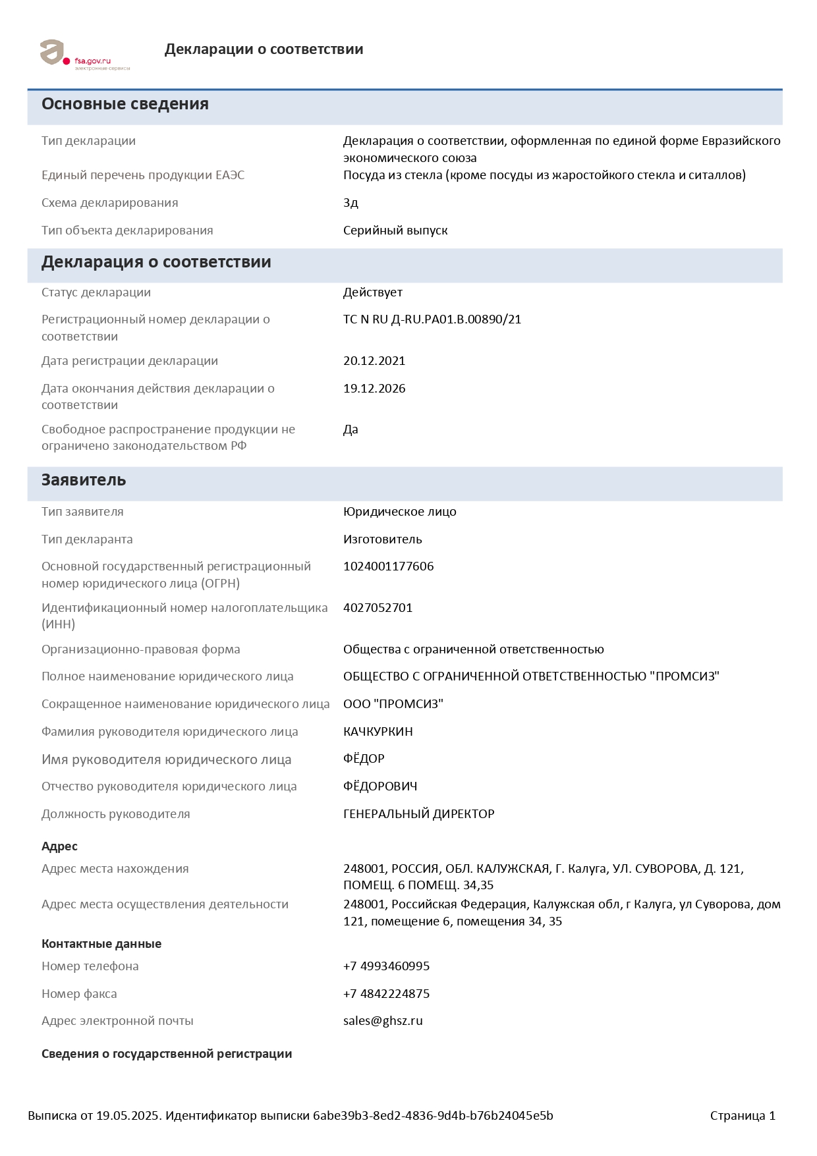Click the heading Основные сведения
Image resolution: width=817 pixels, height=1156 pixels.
coord(125,104)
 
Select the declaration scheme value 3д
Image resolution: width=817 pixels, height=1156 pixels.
coord(351,203)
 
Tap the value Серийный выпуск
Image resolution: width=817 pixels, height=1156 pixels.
coord(395,231)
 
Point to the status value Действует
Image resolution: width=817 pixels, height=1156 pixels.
coord(373,292)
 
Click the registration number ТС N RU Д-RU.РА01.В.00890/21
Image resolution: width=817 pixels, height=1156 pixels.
coord(432,319)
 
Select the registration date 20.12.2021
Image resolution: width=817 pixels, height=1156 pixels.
coord(374,361)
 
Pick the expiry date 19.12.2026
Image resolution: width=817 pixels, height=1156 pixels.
coord(374,389)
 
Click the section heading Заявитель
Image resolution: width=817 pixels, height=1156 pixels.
coord(84,480)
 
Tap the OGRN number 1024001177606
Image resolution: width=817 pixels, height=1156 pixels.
coord(389,566)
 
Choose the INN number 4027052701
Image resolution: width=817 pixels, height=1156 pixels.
coord(378,608)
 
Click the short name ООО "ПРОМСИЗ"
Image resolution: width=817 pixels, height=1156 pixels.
coord(393,704)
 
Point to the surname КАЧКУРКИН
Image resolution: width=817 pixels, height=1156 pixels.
coord(378,732)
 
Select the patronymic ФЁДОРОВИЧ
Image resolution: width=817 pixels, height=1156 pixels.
coord(380,786)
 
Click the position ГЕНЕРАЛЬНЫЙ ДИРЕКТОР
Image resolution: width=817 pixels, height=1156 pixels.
coord(419,814)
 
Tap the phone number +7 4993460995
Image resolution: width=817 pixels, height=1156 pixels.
coord(387,966)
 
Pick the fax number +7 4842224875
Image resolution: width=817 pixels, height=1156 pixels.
coord(387,994)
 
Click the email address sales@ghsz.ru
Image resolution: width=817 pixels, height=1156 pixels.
coord(383,1021)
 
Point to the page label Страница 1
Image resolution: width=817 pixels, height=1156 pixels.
coord(743,1116)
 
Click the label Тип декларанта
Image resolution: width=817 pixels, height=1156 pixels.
coord(87,539)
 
